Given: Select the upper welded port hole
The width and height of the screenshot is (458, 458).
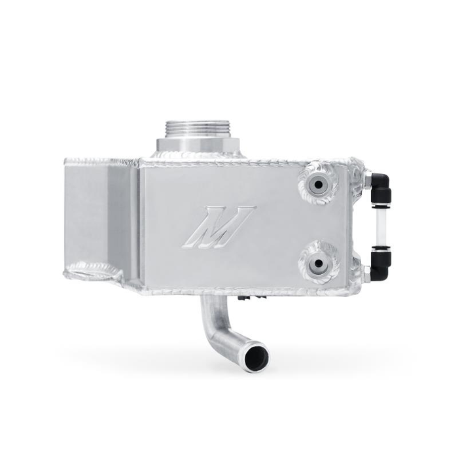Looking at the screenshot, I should coord(318,185).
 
